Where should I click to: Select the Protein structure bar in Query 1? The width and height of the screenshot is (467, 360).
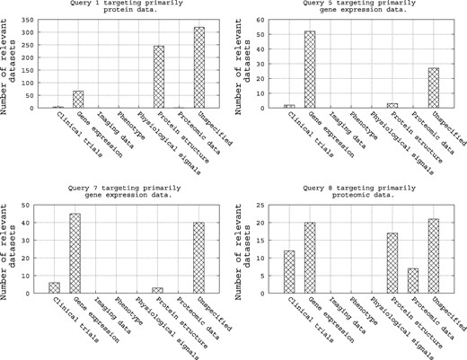[x=158, y=76]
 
